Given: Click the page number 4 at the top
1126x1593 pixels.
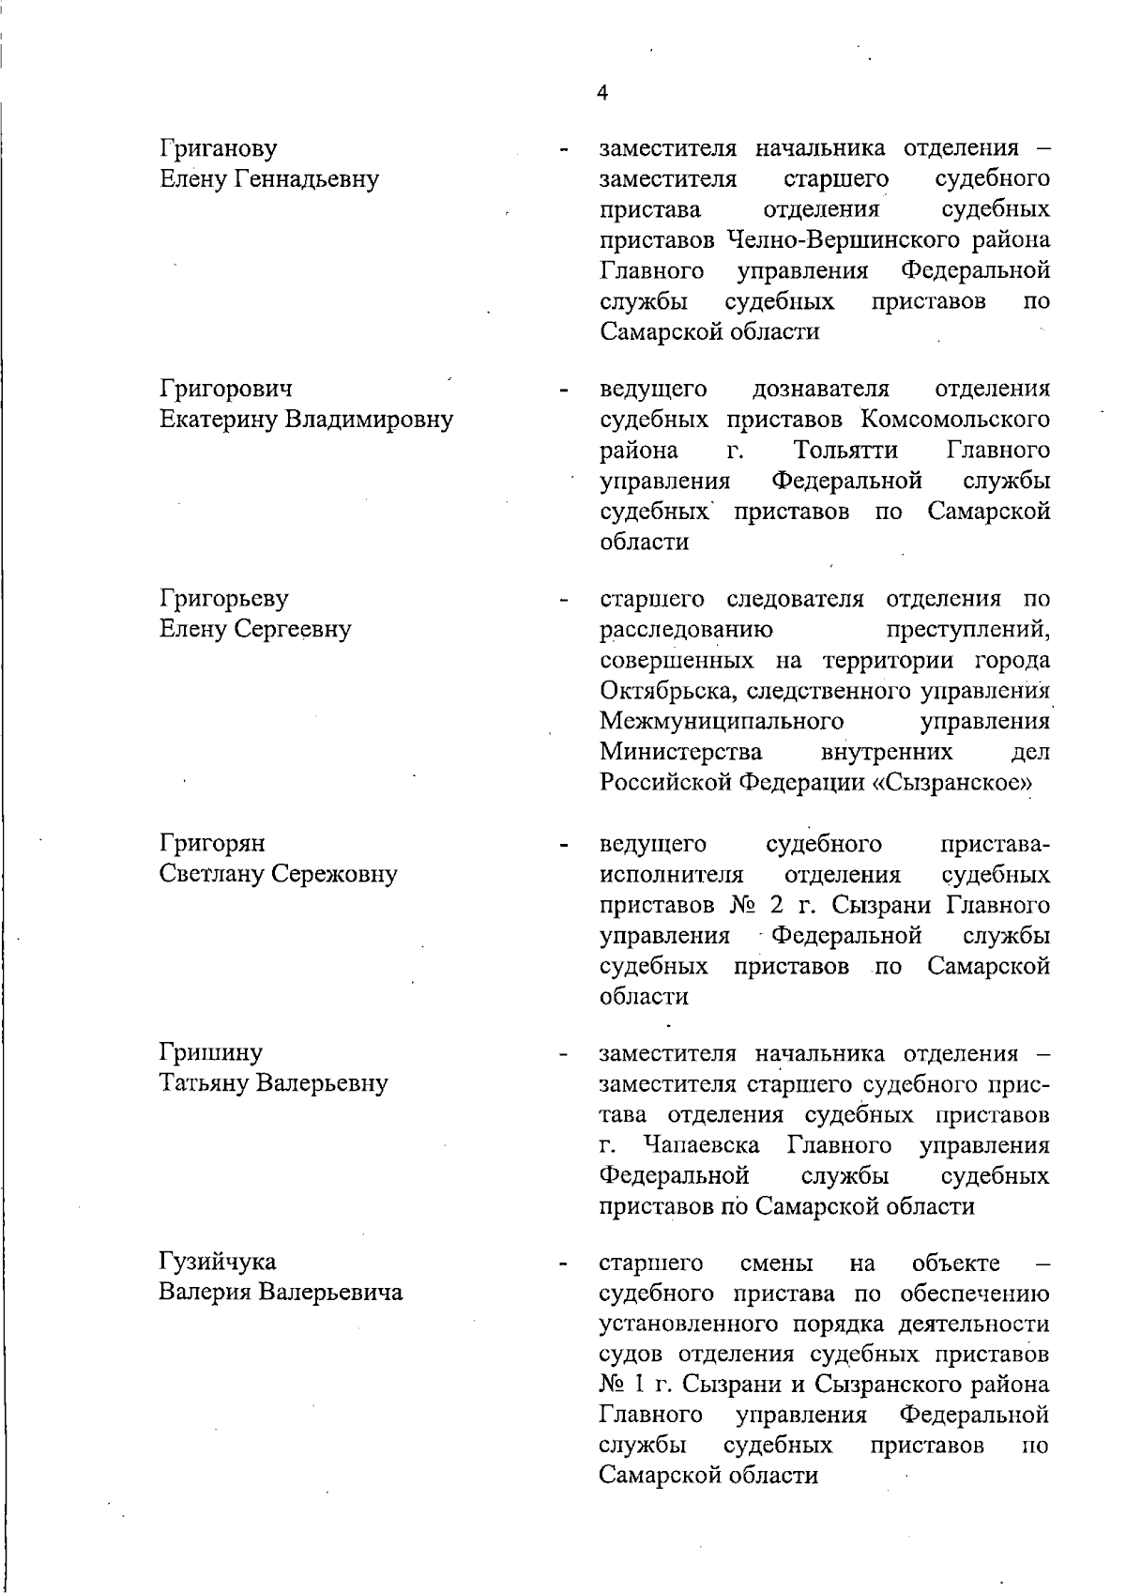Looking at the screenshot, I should pyautogui.click(x=601, y=93).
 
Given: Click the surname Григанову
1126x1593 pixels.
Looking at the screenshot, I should pyautogui.click(x=219, y=148).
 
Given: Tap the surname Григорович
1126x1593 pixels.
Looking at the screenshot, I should pyautogui.click(x=226, y=388).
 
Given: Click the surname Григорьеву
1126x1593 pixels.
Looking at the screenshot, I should pyautogui.click(x=224, y=598).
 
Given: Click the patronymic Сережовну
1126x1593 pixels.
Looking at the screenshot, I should pyautogui.click(x=334, y=874).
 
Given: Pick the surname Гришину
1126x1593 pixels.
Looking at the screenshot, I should pyautogui.click(x=211, y=1052).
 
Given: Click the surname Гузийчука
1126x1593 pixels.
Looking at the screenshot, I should pyautogui.click(x=218, y=1262).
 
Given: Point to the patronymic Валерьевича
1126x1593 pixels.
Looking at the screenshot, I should pyautogui.click(x=330, y=1293).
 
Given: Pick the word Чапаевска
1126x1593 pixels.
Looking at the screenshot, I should pyautogui.click(x=702, y=1145).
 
